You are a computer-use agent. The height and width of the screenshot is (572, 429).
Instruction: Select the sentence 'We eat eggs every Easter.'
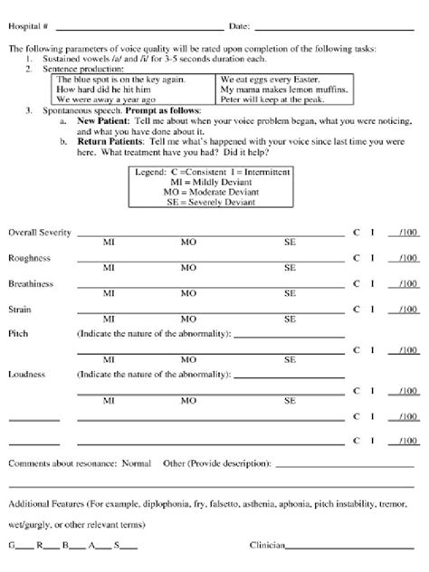[x=262, y=80]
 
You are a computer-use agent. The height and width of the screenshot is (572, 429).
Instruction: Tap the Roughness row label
[x=29, y=258]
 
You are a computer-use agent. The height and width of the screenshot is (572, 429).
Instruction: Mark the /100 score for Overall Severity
[x=408, y=233]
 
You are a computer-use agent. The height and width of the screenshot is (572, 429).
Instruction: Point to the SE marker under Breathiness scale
[x=290, y=294]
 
